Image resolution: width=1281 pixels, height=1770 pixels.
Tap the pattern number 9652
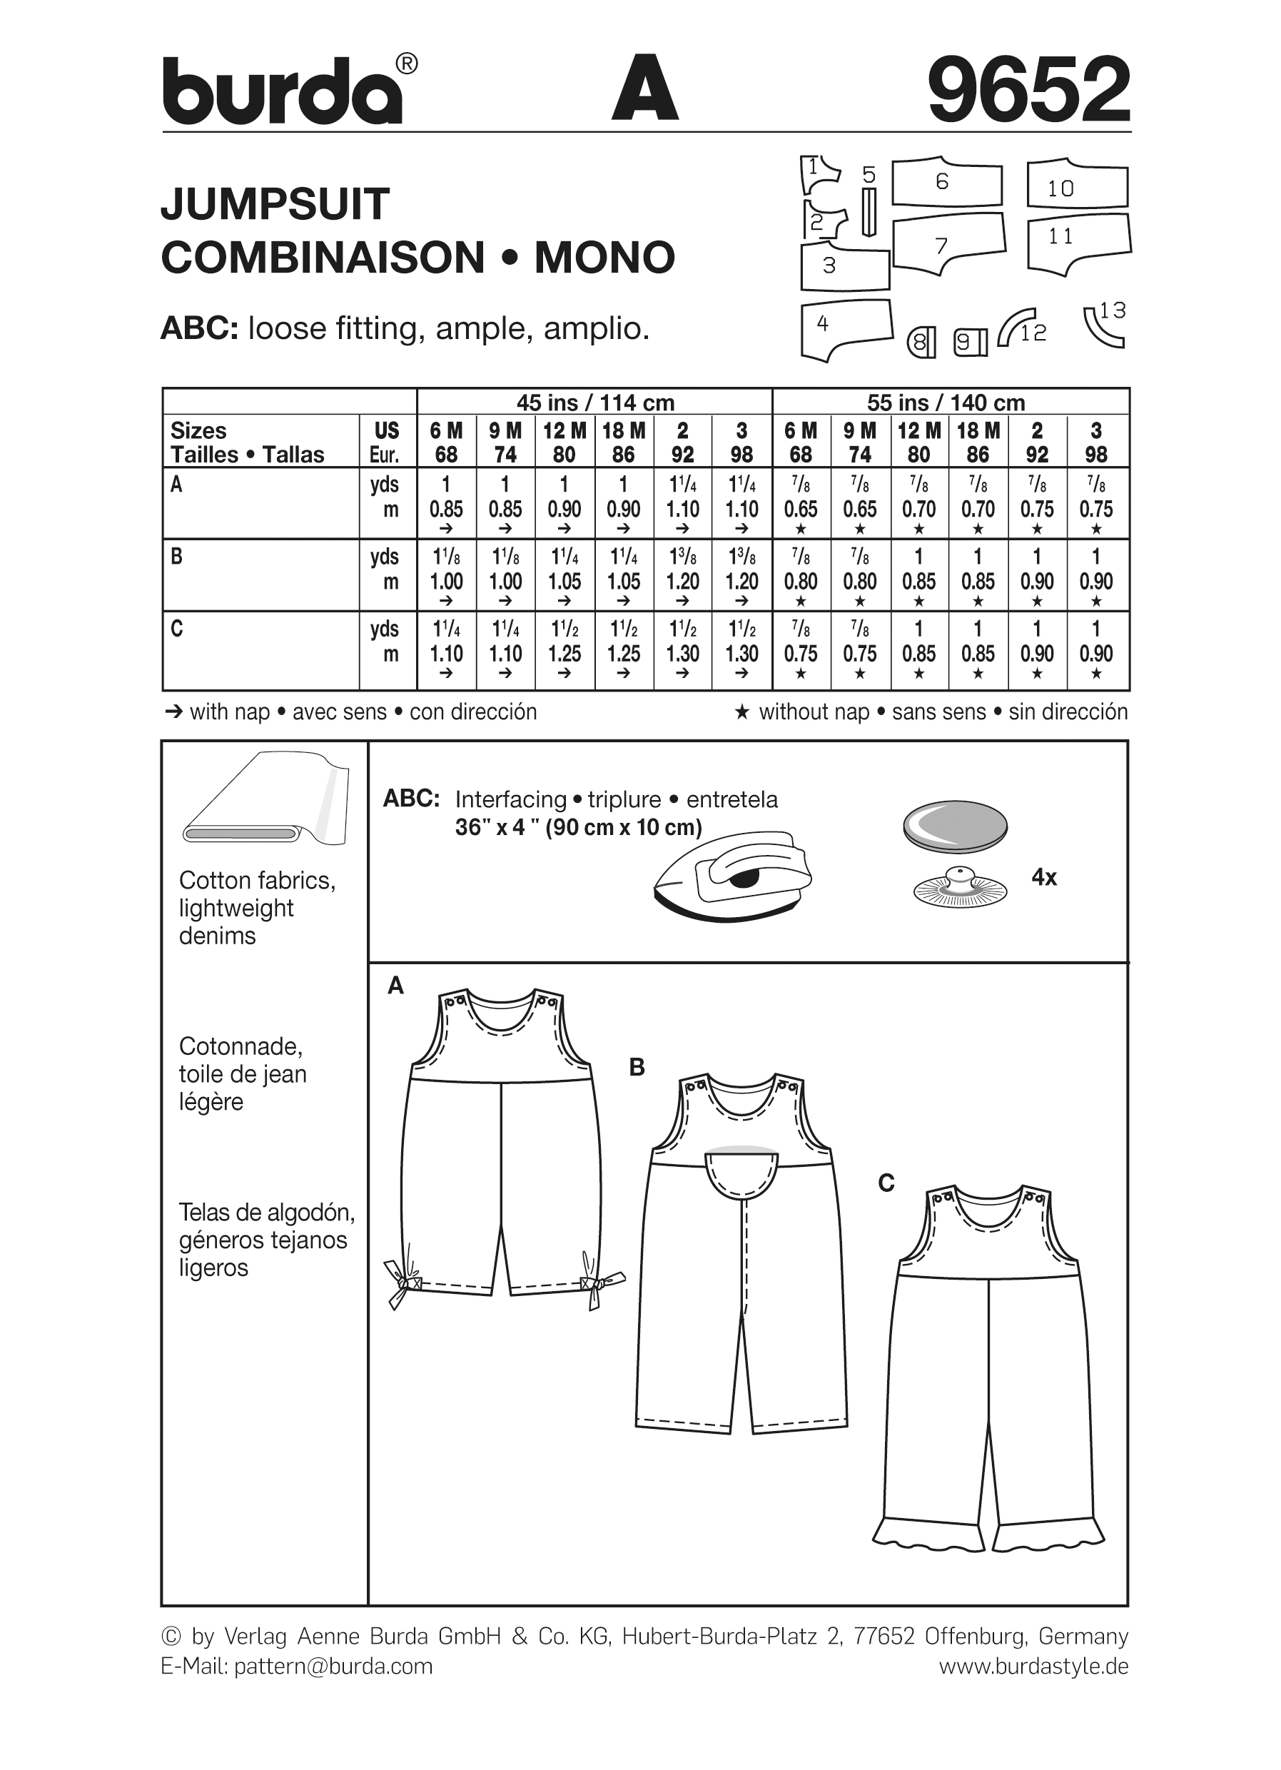coord(1028,89)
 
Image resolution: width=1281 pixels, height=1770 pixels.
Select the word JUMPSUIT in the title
coord(275,204)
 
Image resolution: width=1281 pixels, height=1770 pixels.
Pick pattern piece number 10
coord(1077,186)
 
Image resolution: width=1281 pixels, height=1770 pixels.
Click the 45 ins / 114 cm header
coord(594,403)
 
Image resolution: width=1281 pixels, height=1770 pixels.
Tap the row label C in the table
coord(177,629)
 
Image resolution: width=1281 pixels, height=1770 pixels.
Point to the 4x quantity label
coord(1043,877)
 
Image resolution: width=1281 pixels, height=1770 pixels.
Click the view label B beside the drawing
coord(637,1068)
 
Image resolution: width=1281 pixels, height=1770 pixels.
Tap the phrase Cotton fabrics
coord(257,880)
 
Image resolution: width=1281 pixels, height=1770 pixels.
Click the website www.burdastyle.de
coord(1033,1667)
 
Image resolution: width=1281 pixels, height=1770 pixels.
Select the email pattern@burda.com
coord(333,1667)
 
